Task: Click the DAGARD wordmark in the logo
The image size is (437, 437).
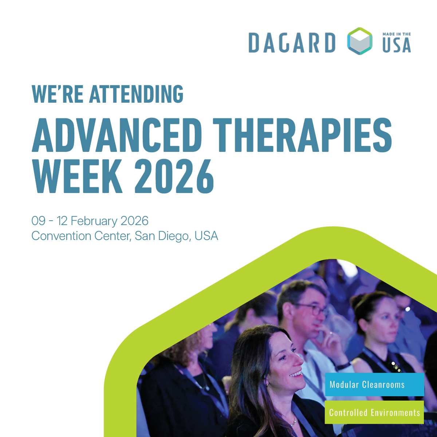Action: coord(292,43)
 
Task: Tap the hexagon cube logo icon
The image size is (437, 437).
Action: coord(360,41)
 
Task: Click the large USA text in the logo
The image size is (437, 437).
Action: coord(397,45)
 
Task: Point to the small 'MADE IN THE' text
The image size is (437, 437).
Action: coord(397,34)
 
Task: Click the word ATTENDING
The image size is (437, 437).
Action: coord(136,94)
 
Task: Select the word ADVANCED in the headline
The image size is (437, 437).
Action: coord(117,135)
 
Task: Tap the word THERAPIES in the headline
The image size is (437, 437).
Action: coord(302,135)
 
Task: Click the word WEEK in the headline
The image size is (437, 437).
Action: coord(78,177)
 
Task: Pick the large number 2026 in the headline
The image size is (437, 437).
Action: coord(174,177)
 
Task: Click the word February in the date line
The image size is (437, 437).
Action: coord(94,221)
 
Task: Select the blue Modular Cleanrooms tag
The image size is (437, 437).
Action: coord(374,385)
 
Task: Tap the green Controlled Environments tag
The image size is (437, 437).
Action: coord(374,412)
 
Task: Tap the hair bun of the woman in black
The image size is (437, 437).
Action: coord(359,301)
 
